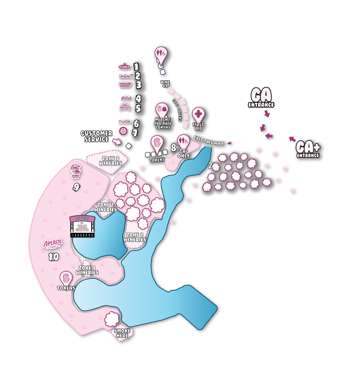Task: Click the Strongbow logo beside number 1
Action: (x=124, y=66)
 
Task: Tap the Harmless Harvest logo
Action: (x=125, y=84)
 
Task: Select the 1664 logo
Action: (x=126, y=98)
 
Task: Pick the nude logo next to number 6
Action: (x=124, y=122)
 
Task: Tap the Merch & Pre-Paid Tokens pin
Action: (x=162, y=110)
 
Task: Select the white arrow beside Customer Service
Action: (x=116, y=142)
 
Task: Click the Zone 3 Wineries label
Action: (x=110, y=161)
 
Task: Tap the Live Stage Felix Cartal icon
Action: (x=82, y=226)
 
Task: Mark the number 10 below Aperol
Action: (x=53, y=257)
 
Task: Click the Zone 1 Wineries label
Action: (x=87, y=270)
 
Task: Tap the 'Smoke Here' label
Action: (x=122, y=333)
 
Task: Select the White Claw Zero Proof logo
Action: (x=76, y=171)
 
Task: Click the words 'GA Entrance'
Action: (x=261, y=98)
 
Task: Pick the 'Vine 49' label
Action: (x=165, y=84)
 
